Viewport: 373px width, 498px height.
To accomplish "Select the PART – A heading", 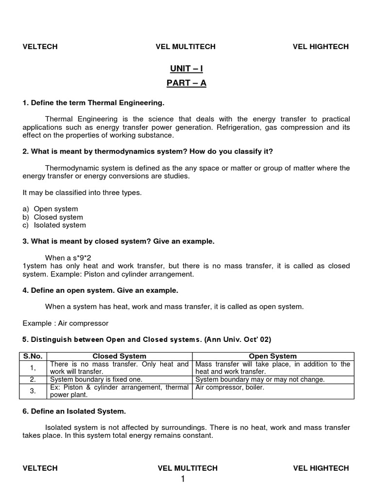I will (186, 83).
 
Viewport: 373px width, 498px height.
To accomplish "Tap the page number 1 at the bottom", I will (183, 480).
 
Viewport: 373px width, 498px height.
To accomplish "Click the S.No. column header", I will (33, 356).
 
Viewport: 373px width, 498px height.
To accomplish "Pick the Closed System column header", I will (119, 356).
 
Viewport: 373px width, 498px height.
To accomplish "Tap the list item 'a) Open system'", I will (51, 209).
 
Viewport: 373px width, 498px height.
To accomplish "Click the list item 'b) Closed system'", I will (53, 217).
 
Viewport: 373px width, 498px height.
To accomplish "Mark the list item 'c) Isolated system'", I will (54, 225).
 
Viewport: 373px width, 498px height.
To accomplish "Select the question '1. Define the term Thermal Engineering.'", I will (94, 103).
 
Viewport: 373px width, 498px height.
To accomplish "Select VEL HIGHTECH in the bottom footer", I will (321, 468).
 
